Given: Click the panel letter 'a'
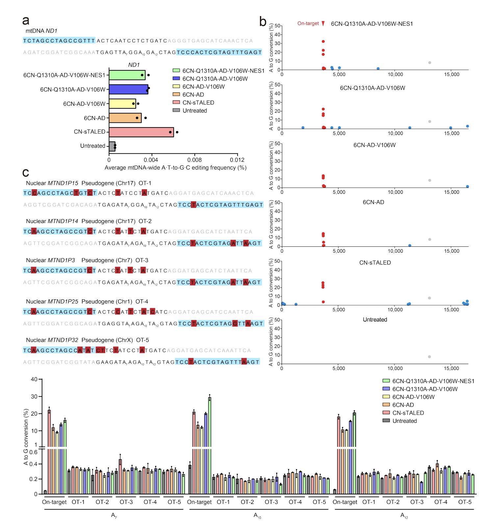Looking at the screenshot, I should point(26,20).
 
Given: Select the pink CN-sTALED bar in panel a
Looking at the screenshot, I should point(141,132).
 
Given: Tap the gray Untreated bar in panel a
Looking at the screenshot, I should point(112,146).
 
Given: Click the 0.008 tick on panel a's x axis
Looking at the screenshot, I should point(194,160).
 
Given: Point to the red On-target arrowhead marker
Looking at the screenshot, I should point(323,23).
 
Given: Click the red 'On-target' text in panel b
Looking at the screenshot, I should point(308,23).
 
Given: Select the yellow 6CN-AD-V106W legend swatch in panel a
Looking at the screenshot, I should point(176,87).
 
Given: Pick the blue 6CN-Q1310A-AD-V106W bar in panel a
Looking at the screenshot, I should point(129,89).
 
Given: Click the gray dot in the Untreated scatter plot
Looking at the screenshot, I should point(429,357).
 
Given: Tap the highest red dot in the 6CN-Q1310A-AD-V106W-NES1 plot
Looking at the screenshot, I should point(323,41).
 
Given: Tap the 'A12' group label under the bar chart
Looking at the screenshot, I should point(404,516).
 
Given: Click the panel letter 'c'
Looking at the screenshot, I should point(26,172).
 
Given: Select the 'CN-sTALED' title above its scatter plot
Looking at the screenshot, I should point(375,263).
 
